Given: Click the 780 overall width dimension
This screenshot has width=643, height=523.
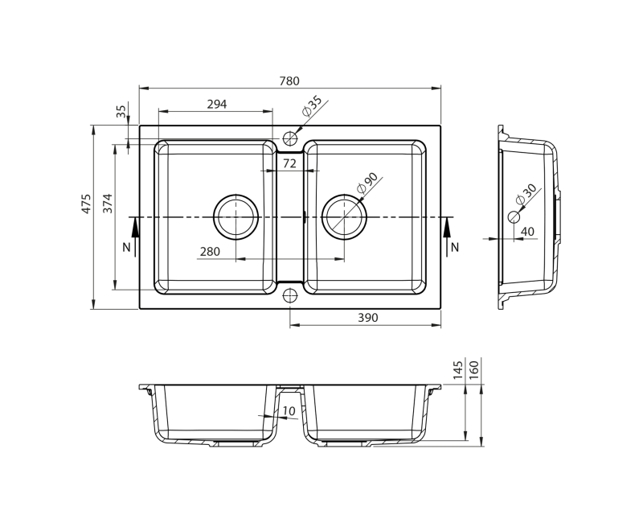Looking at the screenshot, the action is (289, 81).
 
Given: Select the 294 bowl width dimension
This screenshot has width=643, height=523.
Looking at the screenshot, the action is (216, 105).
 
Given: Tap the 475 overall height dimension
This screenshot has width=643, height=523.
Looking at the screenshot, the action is (86, 204).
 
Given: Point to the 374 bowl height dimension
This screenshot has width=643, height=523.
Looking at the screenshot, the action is (108, 203).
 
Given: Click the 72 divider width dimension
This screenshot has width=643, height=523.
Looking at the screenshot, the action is (289, 163).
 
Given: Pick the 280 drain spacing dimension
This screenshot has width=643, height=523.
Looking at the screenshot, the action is (210, 251).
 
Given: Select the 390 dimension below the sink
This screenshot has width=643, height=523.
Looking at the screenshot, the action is (368, 317).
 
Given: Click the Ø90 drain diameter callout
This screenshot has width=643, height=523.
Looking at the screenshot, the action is (367, 183).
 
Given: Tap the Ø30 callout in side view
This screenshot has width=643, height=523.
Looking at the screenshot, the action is (526, 194).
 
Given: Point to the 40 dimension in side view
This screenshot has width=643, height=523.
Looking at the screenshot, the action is (527, 232).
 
